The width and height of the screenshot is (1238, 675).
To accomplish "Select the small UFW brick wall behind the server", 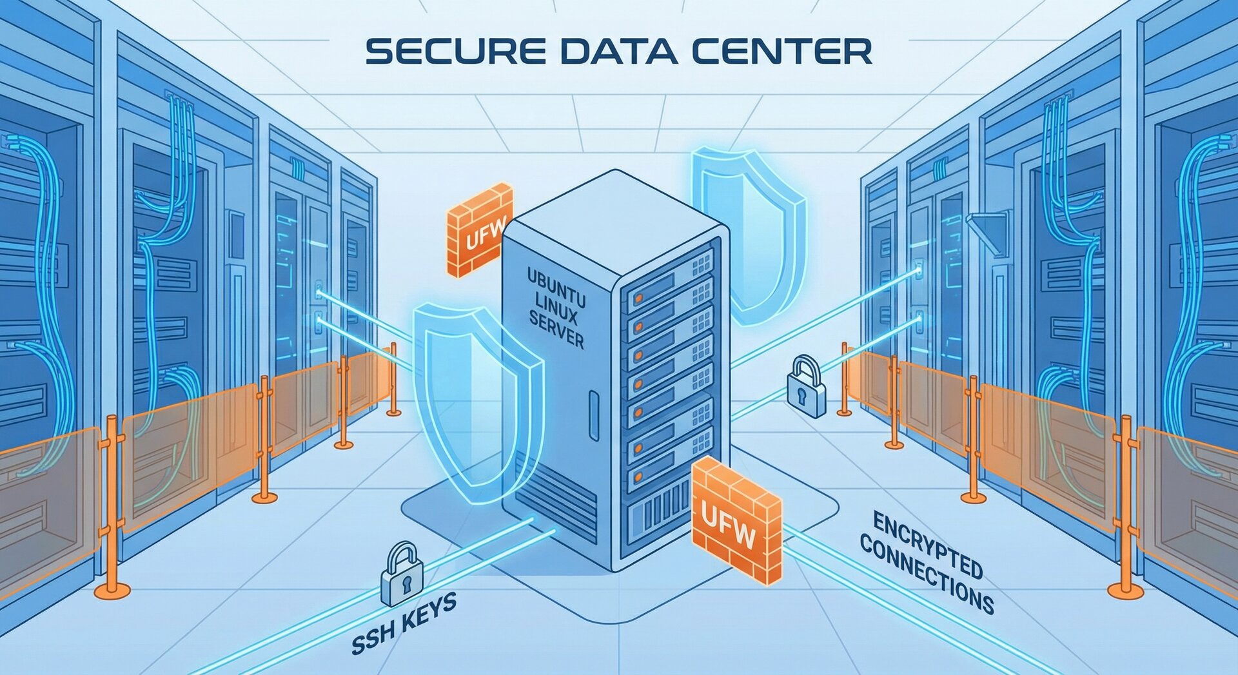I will coord(480,230).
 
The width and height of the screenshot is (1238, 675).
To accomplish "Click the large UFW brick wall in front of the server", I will coord(736,519).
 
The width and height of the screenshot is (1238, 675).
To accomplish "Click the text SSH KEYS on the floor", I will coord(405,624).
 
